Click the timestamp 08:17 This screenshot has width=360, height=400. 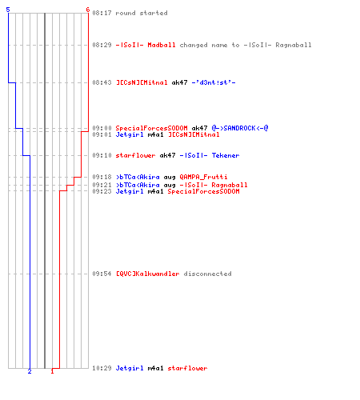click(x=102, y=13)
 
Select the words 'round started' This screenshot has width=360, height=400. click(x=142, y=13)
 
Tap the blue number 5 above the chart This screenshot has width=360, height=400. click(x=8, y=10)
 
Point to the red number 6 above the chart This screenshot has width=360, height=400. click(x=87, y=10)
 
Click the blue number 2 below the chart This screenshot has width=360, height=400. click(x=30, y=371)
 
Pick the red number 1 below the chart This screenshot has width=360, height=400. click(x=52, y=371)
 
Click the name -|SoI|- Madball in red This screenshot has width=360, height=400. click(x=146, y=45)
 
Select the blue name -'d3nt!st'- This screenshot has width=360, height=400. click(x=214, y=82)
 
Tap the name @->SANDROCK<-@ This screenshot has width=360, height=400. click(x=240, y=128)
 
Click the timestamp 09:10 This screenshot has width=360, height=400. click(x=102, y=155)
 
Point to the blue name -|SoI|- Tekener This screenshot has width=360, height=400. click(x=210, y=155)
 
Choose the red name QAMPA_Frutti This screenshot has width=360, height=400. click(x=203, y=177)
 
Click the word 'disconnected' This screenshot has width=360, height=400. click(x=207, y=274)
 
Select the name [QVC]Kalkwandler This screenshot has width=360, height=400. click(x=147, y=274)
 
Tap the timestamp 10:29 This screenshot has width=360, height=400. click(x=102, y=368)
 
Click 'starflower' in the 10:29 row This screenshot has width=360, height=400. click(x=187, y=368)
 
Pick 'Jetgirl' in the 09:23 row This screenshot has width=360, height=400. click(x=130, y=191)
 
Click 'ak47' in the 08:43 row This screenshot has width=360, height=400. click(x=179, y=82)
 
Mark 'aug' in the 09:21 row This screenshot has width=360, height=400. click(x=170, y=185)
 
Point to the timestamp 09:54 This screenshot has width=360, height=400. click(x=102, y=274)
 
